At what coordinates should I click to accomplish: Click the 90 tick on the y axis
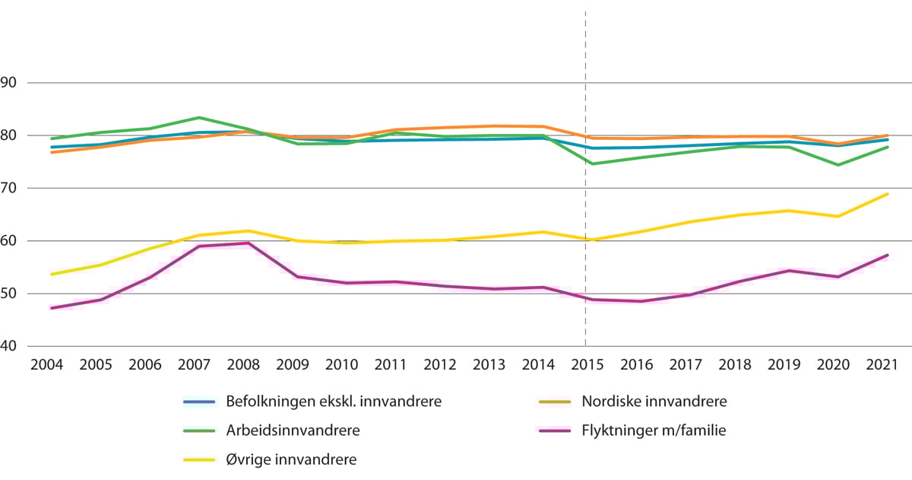[11, 83]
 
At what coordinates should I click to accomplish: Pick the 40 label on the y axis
[11, 347]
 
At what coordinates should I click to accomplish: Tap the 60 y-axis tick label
[11, 241]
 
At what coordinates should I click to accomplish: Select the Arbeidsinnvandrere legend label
[293, 431]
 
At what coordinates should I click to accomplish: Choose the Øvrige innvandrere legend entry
[291, 459]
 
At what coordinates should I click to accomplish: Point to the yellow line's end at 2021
[888, 194]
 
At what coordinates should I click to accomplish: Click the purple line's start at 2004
[51, 308]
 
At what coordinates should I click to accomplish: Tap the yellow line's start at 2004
[51, 274]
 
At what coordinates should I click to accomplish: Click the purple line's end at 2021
[888, 255]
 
